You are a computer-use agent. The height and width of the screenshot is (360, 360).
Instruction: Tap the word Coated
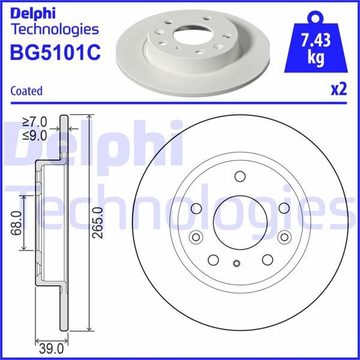26,91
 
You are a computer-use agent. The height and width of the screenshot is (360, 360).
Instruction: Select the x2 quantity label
339,90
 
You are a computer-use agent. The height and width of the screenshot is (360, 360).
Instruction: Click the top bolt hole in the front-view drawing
239,176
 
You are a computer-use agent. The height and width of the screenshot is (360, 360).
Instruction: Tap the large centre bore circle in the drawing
237,219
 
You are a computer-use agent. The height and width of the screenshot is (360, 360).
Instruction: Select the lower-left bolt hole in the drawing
213,259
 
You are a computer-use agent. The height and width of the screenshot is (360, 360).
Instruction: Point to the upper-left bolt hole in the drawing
196,208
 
